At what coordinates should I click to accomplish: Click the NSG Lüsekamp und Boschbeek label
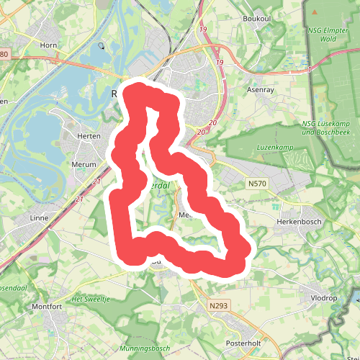(320, 127)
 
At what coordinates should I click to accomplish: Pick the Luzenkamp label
(272, 148)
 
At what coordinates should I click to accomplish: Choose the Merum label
(84, 164)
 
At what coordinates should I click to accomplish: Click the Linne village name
(38, 217)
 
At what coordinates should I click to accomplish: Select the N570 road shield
(256, 184)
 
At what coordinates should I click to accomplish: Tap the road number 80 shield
(4, 55)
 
